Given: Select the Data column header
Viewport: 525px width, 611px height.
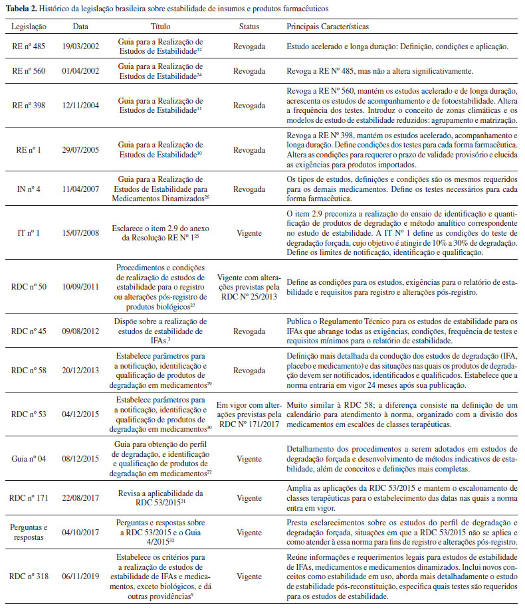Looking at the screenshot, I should (80, 26).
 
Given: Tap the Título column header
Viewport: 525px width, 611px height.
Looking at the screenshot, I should (163, 26).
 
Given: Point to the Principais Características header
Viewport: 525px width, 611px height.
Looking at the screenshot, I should (328, 26).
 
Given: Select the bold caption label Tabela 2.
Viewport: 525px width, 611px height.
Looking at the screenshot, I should (21, 9).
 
